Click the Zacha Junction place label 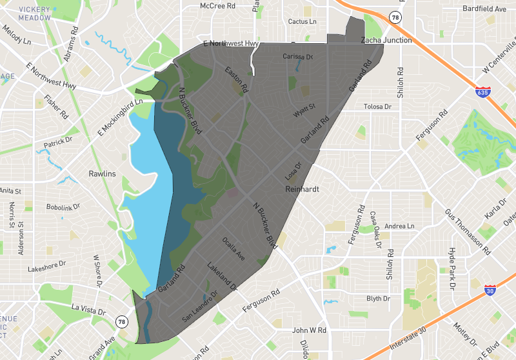pyautogui.click(x=386, y=40)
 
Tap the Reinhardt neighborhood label pyautogui.click(x=303, y=190)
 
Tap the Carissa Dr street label pyautogui.click(x=297, y=57)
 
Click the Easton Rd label pyautogui.click(x=236, y=78)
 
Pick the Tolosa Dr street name pyautogui.click(x=378, y=106)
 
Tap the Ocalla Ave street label pyautogui.click(x=233, y=248)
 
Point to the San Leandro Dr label pyautogui.click(x=200, y=307)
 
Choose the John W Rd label pyautogui.click(x=310, y=330)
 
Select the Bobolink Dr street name pyautogui.click(x=63, y=208)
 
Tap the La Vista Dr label pyautogui.click(x=88, y=310)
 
